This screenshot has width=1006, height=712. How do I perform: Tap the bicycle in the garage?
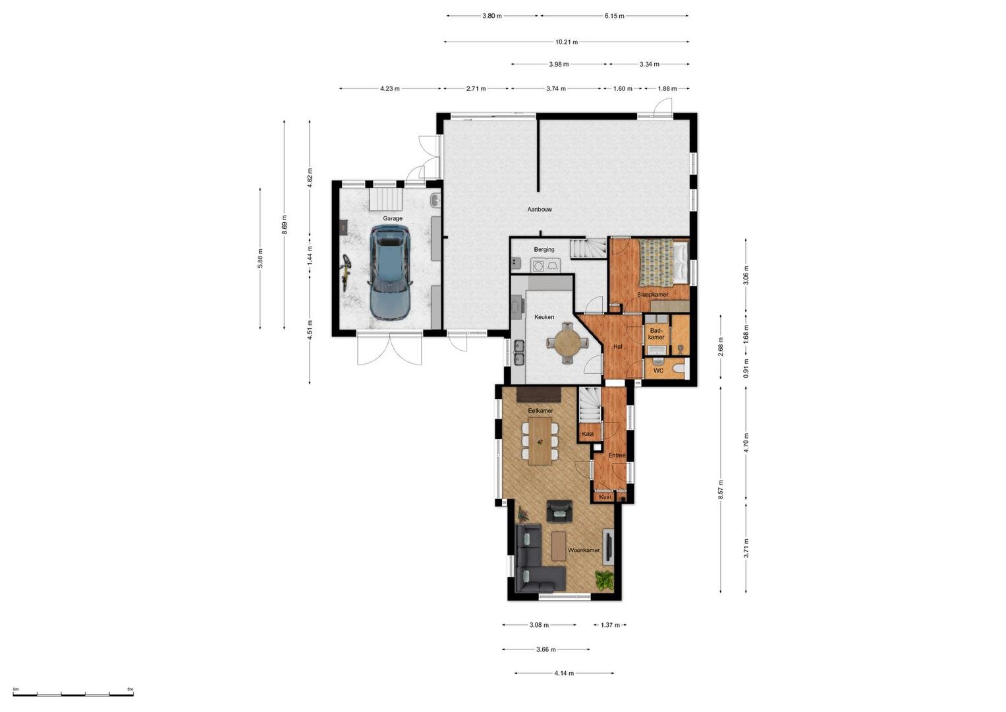coord(345,272)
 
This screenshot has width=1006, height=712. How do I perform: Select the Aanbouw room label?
coord(540,209)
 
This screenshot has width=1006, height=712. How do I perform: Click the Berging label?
coord(544,249)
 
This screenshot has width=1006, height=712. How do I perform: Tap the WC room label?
coord(658,371)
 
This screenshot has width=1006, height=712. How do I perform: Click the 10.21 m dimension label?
coord(567,42)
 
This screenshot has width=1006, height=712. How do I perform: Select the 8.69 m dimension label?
coord(284,225)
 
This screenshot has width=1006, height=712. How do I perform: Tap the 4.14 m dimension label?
coord(564,673)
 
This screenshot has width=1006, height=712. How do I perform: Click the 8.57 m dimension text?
coord(720,489)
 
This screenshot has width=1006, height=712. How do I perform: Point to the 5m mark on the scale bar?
coord(130,689)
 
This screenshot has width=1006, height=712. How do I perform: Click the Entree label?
coord(617,456)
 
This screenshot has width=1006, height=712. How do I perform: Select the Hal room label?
coord(618,347)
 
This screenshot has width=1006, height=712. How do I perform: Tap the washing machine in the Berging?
coord(538,265)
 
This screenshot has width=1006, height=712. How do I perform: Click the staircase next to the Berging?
coord(588,249)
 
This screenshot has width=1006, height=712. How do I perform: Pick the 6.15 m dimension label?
coord(614,16)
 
